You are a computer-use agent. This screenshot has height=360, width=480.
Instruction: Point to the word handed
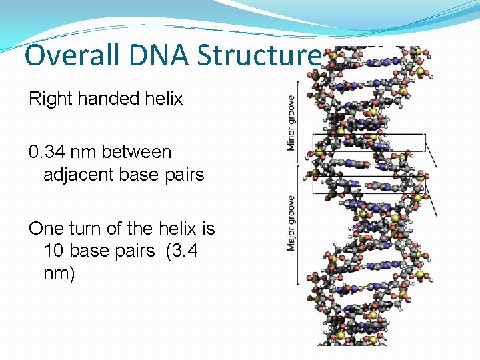109,99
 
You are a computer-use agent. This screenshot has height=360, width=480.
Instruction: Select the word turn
83,229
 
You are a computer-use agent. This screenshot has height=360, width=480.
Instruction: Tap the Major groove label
291,223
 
